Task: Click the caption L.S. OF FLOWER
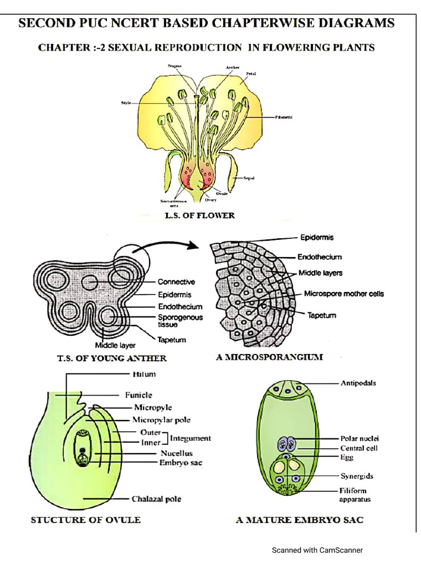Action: tap(200, 216)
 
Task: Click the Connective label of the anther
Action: tap(177, 283)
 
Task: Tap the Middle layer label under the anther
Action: tap(115, 346)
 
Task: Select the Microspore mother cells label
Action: tap(344, 294)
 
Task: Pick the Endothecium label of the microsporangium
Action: tap(320, 256)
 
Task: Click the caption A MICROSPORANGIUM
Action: tap(270, 357)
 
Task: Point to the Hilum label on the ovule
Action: tap(144, 375)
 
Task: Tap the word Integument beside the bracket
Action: tap(190, 438)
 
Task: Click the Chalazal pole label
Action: tap(156, 499)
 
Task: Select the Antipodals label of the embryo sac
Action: tap(358, 383)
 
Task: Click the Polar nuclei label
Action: tap(360, 439)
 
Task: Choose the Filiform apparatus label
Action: tap(353, 495)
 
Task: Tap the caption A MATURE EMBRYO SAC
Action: tap(299, 520)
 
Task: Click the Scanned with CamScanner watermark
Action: tap(317, 550)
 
